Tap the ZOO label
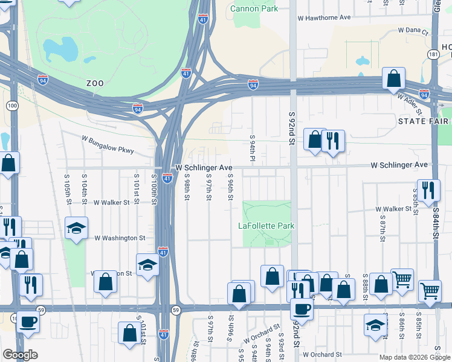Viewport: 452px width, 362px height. click(x=95, y=83)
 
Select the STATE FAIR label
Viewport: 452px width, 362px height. click(x=424, y=121)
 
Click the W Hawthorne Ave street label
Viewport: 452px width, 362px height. click(x=324, y=17)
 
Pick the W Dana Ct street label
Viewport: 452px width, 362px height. click(x=413, y=31)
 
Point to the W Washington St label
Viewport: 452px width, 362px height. click(x=120, y=238)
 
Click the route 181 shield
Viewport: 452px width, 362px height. click(x=433, y=54)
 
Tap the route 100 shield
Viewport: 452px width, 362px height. click(x=12, y=106)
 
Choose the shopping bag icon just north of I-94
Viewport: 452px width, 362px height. click(x=393, y=78)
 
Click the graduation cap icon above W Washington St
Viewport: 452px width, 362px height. click(x=77, y=227)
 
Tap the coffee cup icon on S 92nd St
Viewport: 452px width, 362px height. click(x=302, y=308)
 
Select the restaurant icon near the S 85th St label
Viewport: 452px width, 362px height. click(x=428, y=189)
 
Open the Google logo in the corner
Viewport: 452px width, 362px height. click(x=20, y=355)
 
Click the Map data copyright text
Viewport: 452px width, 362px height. click(x=414, y=357)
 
